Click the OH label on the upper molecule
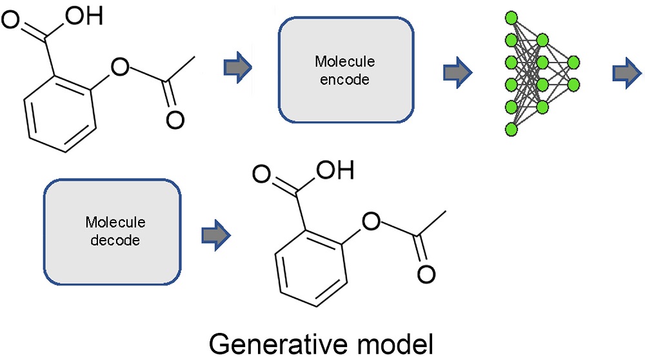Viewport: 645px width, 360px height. pyautogui.click(x=84, y=16)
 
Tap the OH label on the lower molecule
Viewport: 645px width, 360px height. pyautogui.click(x=337, y=172)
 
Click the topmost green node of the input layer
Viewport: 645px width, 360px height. pyautogui.click(x=512, y=17)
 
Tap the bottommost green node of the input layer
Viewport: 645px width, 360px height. pyautogui.click(x=512, y=129)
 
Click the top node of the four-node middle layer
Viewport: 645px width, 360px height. pyautogui.click(x=542, y=40)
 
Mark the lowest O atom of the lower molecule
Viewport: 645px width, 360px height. pyautogui.click(x=424, y=274)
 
